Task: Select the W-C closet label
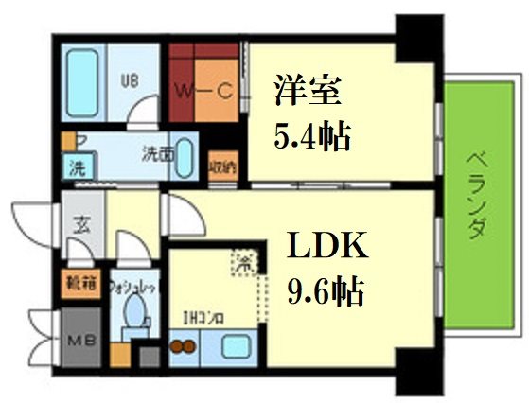pos(202,92)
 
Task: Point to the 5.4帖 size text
pos(311,139)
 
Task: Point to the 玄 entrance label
pos(81,226)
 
